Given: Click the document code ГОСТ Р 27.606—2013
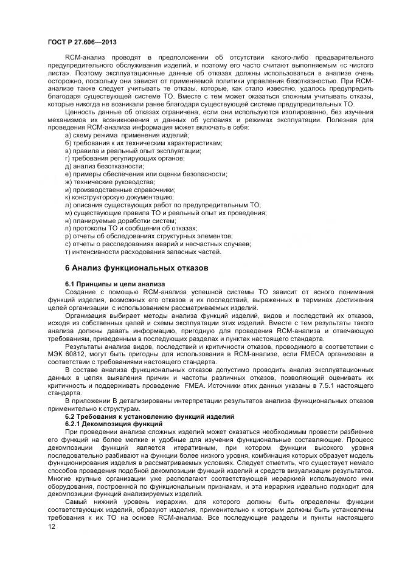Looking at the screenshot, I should coord(82,42).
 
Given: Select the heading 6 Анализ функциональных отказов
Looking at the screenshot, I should coord(137,267).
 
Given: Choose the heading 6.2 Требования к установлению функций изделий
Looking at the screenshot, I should coord(150,417).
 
